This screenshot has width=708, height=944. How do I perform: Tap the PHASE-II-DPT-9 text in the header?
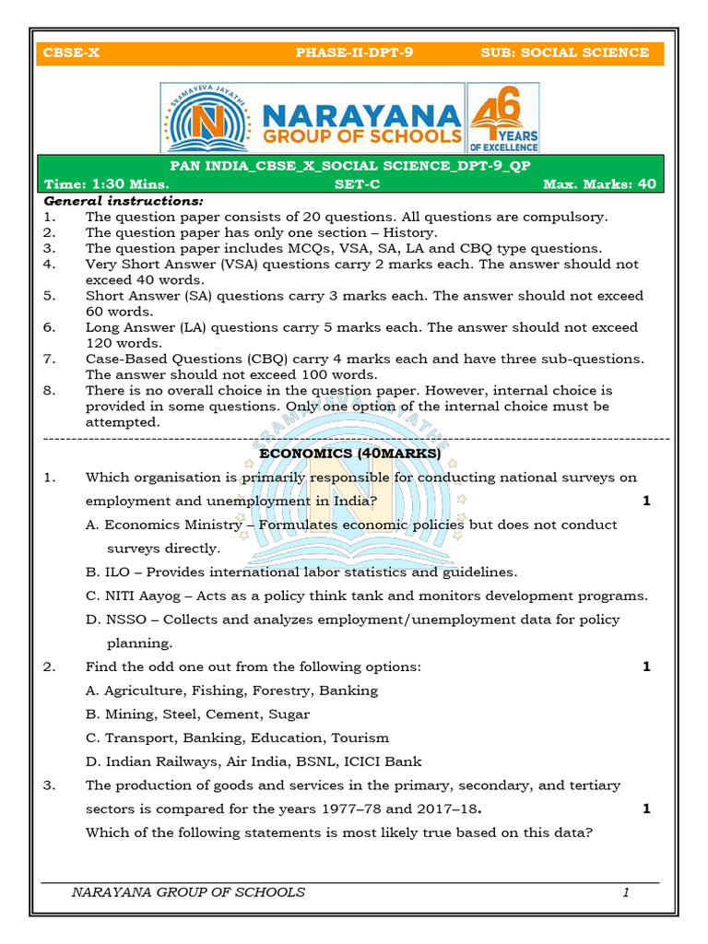pos(354,53)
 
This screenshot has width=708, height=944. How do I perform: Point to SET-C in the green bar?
pos(355,183)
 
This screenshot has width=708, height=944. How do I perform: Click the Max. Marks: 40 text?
pos(599,183)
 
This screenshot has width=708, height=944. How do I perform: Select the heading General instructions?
pos(124,201)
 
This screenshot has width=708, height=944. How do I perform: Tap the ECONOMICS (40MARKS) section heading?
pos(350,454)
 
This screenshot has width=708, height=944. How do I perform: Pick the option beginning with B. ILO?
pos(301,572)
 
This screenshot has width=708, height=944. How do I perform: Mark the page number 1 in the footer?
pos(626,891)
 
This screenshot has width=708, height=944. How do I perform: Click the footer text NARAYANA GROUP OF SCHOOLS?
pos(188,891)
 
